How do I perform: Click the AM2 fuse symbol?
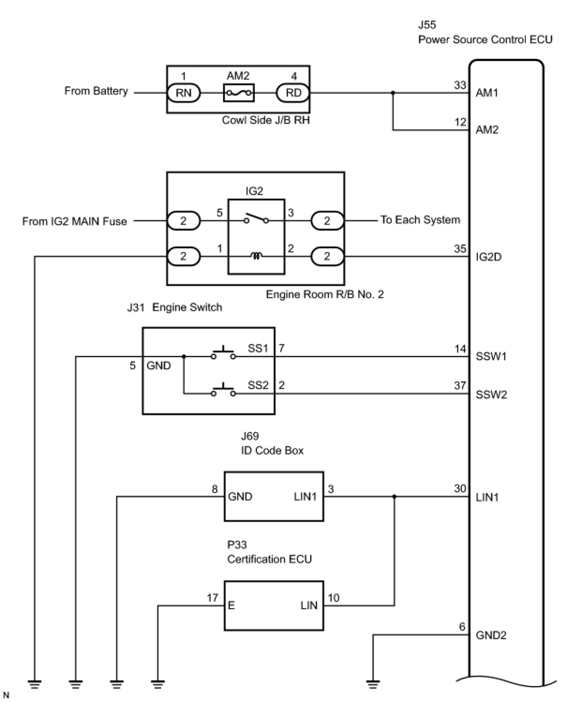239,93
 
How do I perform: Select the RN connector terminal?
184,93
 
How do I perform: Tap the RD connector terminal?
293,93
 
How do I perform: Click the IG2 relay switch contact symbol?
256,219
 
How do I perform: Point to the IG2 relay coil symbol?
256,256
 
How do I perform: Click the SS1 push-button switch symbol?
223,354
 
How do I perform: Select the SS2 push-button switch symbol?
223,391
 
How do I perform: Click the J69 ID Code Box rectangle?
274,496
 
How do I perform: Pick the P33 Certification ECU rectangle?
274,605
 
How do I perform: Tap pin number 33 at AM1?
460,85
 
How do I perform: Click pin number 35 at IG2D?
460,249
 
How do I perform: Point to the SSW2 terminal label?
491,395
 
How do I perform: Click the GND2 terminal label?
491,635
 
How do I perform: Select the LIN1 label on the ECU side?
487,497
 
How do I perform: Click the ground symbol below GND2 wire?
373,684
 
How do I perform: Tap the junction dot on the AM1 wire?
393,93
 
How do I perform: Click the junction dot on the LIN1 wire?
394,496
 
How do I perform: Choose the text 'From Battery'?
96,91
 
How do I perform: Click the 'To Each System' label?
420,220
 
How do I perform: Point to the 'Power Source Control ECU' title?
485,39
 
